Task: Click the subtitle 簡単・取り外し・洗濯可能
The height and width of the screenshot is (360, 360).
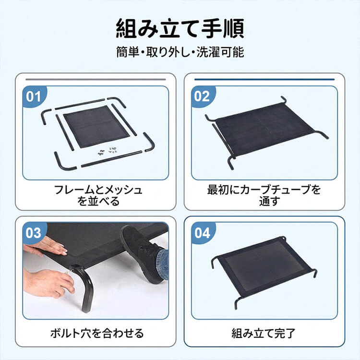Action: pos(180,52)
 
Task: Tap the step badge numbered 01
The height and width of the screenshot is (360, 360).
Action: pos(33,96)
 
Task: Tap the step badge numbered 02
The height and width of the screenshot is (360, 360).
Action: pos(202,96)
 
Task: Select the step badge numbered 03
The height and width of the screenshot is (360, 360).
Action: pos(33,233)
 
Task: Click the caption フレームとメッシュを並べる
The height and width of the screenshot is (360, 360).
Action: pos(98,195)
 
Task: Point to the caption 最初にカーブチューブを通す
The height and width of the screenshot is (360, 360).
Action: pos(264,195)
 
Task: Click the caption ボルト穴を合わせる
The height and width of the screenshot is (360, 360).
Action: pos(98,333)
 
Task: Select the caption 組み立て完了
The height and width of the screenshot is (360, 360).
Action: pos(264,333)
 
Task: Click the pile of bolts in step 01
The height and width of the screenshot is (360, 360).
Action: pos(107,151)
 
